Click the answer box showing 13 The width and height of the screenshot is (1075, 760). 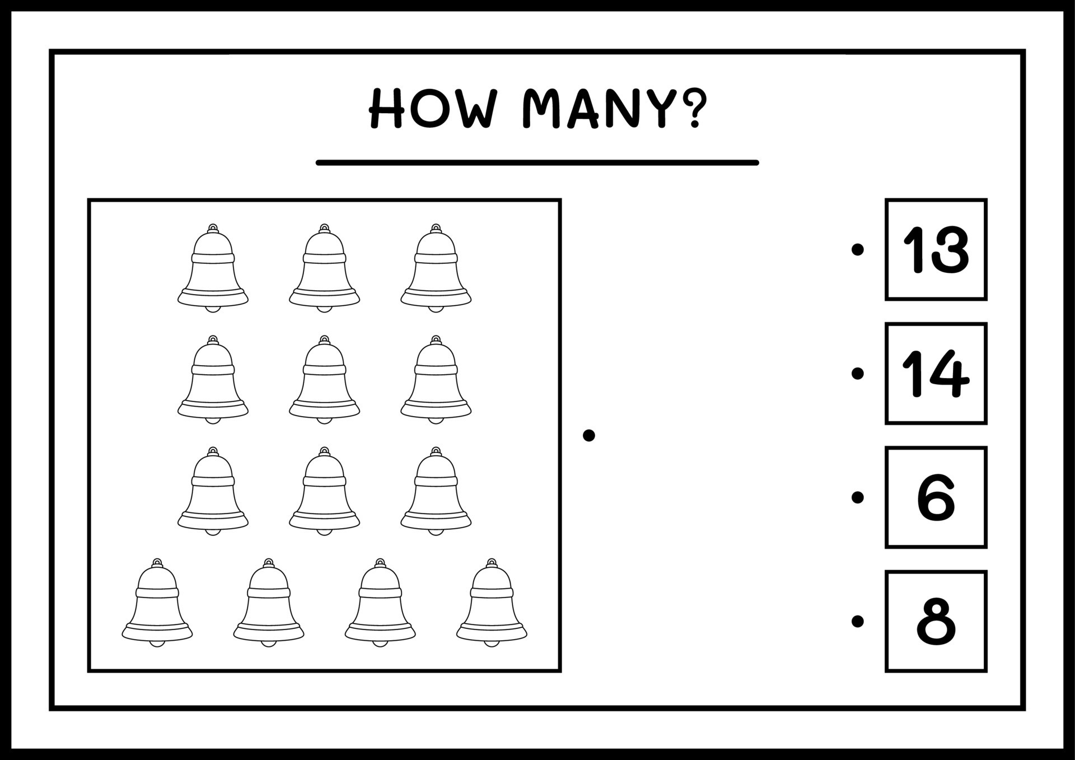[x=935, y=249]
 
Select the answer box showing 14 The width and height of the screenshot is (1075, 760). [x=935, y=373]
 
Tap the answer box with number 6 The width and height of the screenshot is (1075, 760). [x=935, y=497]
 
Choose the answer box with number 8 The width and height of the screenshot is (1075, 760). [x=935, y=621]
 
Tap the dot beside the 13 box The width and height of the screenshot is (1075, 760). [x=857, y=249]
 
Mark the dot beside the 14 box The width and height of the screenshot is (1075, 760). [x=857, y=373]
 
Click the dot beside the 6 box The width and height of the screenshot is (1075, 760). [x=857, y=497]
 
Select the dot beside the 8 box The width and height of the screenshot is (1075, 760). [x=857, y=621]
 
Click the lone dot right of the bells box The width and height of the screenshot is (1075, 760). [x=588, y=435]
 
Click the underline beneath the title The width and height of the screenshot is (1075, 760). [x=537, y=162]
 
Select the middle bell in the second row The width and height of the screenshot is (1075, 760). [x=324, y=381]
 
